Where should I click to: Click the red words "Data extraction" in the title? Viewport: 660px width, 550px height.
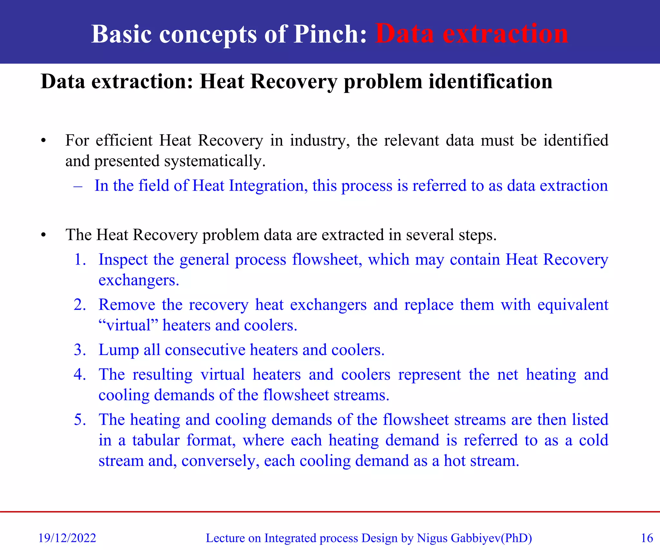click(x=471, y=34)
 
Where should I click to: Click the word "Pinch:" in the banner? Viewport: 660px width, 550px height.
click(x=330, y=34)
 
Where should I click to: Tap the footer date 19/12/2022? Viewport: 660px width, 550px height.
click(x=67, y=538)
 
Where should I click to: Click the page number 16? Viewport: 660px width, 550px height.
click(x=646, y=538)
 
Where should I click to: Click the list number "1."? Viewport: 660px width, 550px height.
click(x=80, y=259)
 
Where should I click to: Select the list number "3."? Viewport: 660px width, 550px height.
click(x=80, y=350)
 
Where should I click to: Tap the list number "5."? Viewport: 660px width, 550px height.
click(x=80, y=420)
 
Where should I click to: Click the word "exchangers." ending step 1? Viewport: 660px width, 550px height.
click(x=139, y=280)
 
